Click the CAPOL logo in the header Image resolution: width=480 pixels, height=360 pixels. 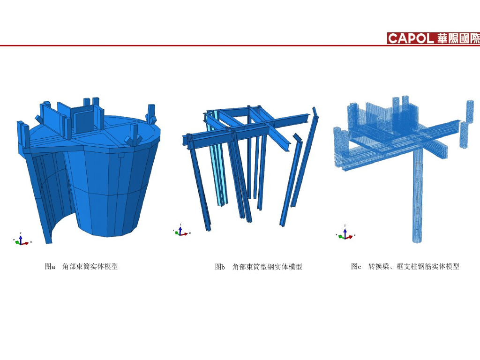tap(411, 38)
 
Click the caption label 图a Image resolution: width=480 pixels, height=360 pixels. tap(50, 267)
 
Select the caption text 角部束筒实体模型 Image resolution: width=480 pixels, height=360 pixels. tap(90, 267)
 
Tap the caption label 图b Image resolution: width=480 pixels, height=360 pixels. tap(220, 267)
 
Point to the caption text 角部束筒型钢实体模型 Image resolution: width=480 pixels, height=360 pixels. tap(267, 267)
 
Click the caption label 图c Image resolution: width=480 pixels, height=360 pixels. tap(356, 267)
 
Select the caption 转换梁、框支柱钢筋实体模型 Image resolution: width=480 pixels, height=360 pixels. tap(413, 267)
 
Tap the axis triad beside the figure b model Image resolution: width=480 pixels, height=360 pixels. tap(181, 231)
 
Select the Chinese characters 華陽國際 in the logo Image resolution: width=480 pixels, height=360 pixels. tap(458, 38)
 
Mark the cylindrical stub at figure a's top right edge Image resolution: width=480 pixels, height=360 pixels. tap(151, 112)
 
